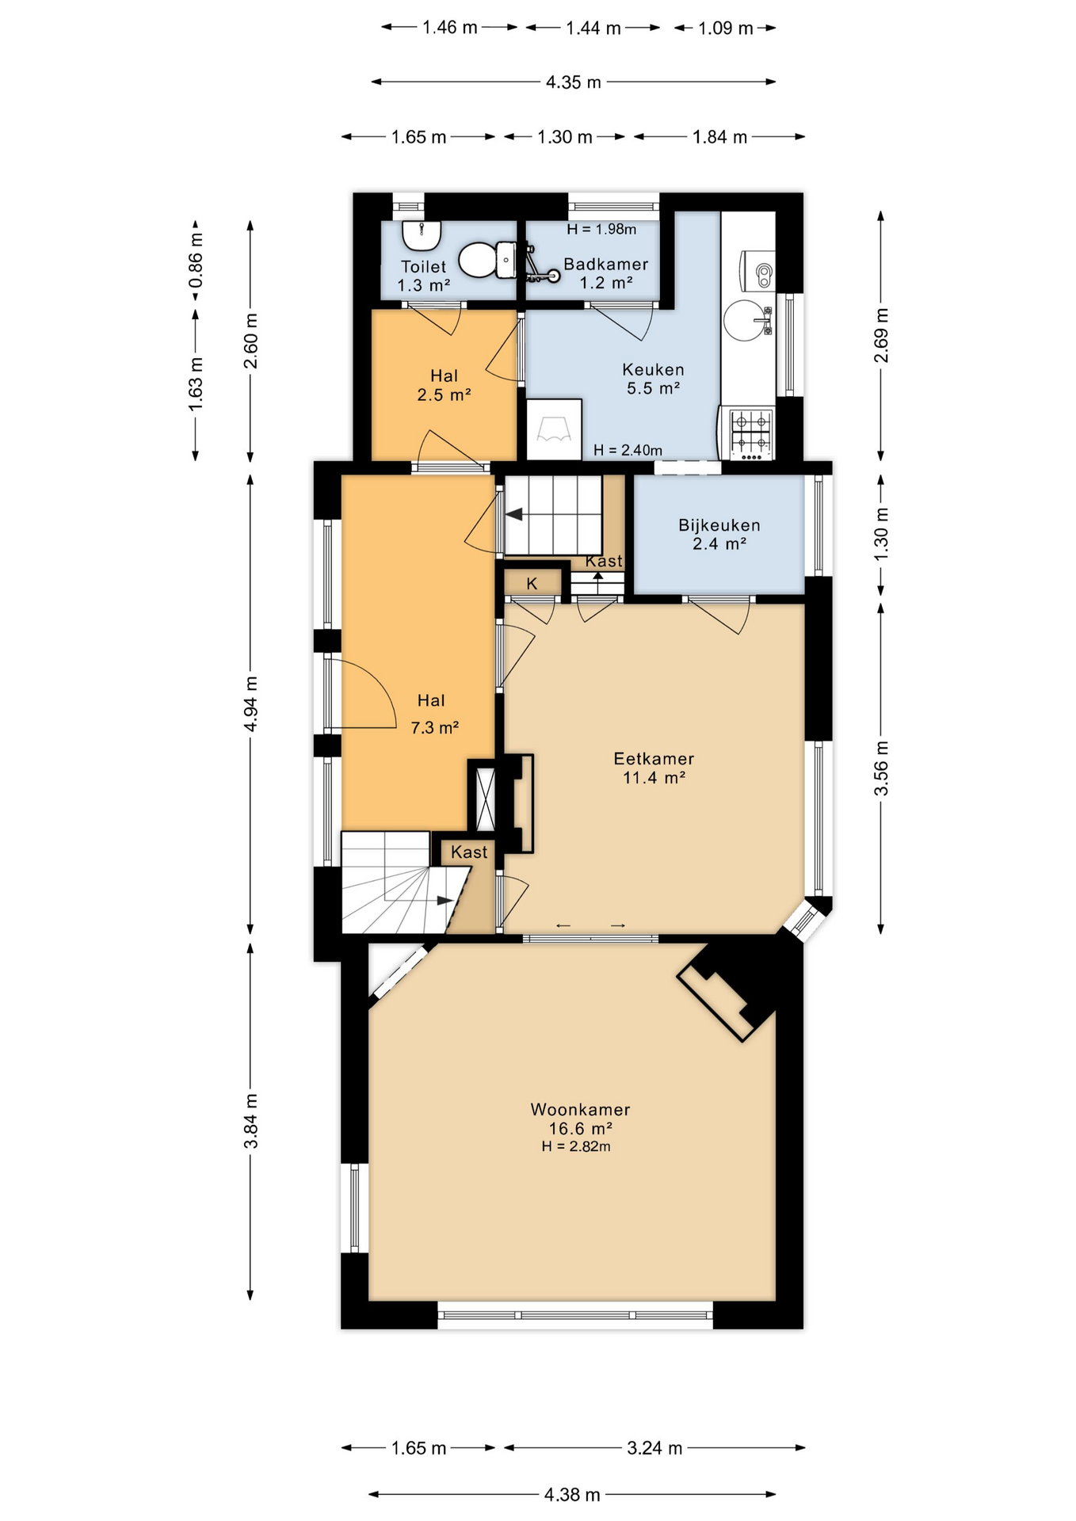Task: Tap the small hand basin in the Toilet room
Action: click(x=421, y=234)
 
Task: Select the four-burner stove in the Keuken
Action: click(x=750, y=433)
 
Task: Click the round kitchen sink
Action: click(x=746, y=319)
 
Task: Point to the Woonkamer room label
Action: click(x=580, y=1109)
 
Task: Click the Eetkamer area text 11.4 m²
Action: click(x=654, y=777)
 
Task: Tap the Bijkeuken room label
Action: click(x=719, y=524)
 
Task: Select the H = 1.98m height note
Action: click(x=601, y=229)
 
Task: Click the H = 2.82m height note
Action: click(x=576, y=1146)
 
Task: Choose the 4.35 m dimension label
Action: click(x=573, y=82)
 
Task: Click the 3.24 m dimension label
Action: click(x=654, y=1448)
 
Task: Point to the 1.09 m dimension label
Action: click(x=725, y=29)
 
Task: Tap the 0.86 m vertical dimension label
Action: click(x=196, y=261)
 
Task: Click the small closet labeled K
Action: click(x=532, y=583)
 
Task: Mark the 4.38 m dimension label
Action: click(x=572, y=1495)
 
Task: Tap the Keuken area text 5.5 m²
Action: click(x=654, y=388)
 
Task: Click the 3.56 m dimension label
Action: click(x=881, y=769)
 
